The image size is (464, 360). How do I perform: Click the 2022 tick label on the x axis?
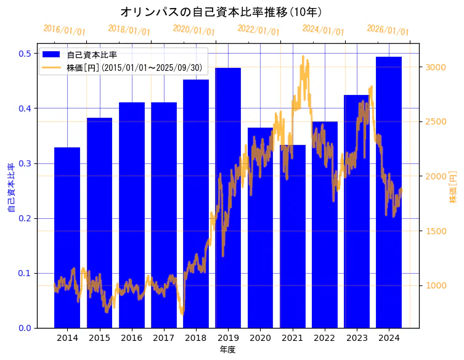tap(324, 338)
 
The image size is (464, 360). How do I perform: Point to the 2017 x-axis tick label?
tap(163, 338)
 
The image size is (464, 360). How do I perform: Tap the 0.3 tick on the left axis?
tap(25, 163)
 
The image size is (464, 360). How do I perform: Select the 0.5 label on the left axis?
tap(25, 54)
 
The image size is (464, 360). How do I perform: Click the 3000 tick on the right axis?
tap(435, 67)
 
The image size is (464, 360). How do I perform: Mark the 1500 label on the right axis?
tap(435, 231)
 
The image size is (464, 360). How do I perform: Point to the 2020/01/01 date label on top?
tap(193, 30)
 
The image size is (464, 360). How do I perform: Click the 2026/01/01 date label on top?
tap(388, 30)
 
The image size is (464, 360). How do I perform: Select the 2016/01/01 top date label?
tap(64, 30)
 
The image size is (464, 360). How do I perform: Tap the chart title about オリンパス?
tap(221, 12)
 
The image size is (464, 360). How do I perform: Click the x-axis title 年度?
tap(227, 350)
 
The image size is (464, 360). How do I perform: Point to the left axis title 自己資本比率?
tap(10, 188)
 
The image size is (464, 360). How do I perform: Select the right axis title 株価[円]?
tap(453, 188)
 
